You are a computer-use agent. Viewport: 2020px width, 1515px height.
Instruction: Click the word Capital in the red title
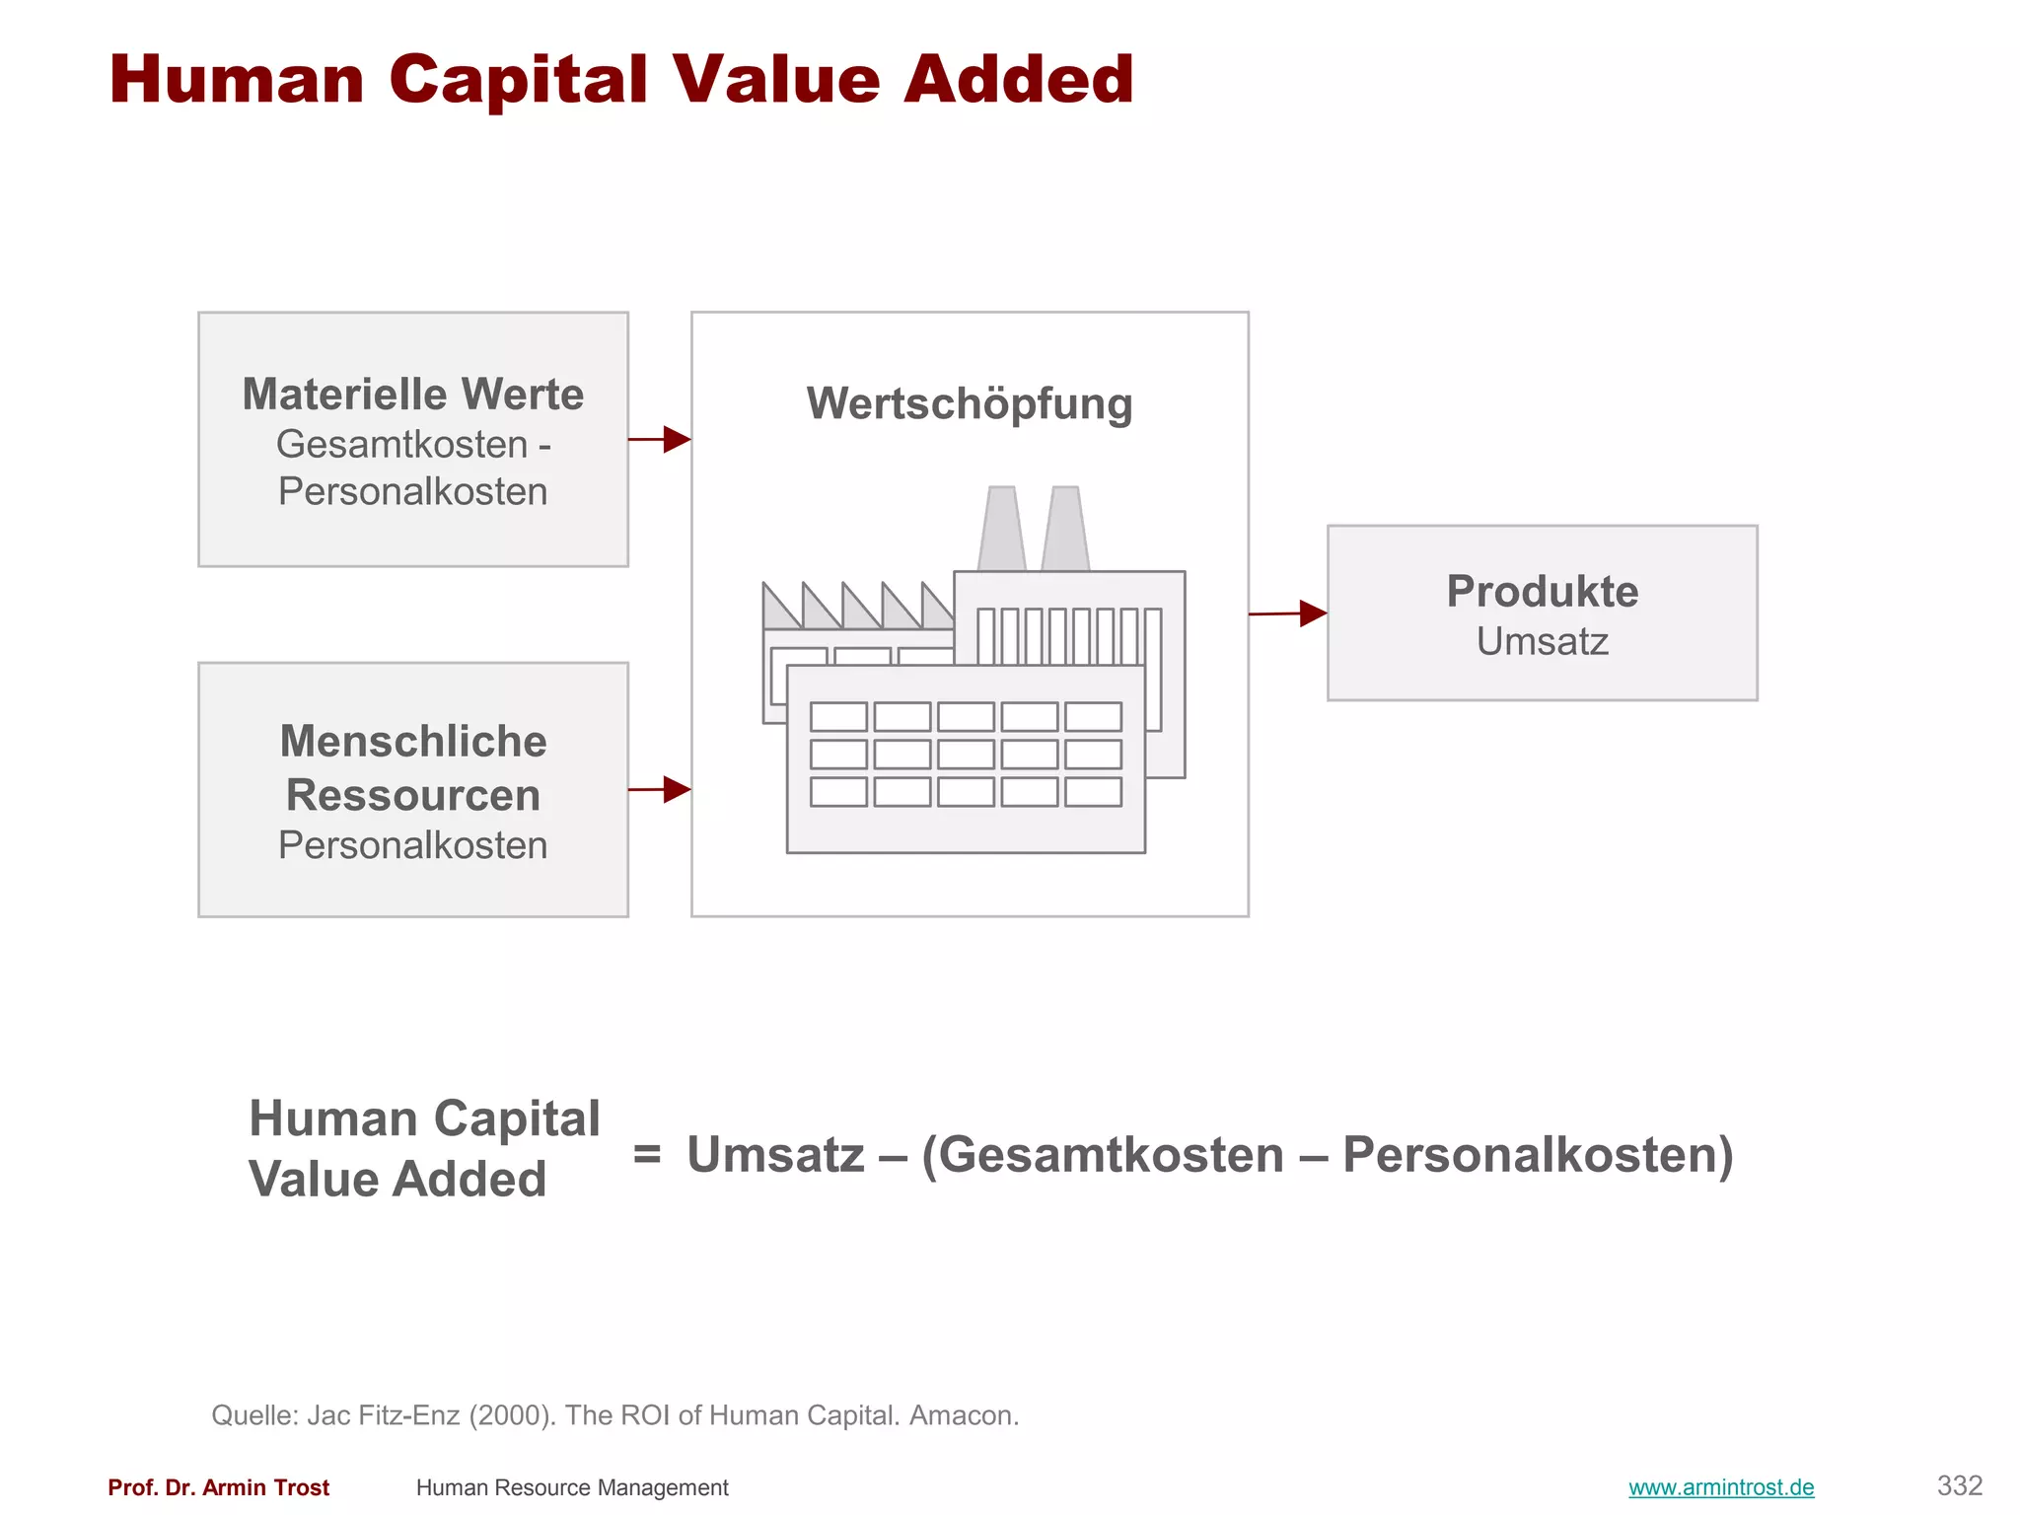click(518, 80)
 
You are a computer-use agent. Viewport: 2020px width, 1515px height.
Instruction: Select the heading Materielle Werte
click(412, 395)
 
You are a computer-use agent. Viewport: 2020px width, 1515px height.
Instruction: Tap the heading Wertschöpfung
click(969, 403)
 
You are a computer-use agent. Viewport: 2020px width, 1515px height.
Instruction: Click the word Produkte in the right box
click(1542, 592)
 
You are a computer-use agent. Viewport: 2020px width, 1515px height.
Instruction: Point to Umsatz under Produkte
click(1542, 642)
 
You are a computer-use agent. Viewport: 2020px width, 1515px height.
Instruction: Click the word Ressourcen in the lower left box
click(412, 795)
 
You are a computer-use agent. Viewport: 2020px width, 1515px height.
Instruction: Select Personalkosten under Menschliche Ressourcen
click(412, 845)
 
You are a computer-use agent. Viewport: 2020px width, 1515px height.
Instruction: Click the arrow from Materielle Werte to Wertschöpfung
click(660, 439)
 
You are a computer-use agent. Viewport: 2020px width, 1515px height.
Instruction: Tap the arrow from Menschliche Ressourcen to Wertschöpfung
click(660, 789)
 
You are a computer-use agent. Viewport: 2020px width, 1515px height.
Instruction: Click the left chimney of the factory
click(1002, 529)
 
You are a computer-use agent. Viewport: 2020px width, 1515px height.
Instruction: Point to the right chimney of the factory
click(1065, 529)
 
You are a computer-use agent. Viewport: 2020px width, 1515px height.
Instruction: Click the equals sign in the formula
click(647, 1153)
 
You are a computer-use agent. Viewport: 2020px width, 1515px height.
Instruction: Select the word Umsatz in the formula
click(775, 1155)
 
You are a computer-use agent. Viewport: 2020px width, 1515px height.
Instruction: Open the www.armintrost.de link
click(1720, 1487)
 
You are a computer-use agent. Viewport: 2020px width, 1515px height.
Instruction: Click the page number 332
click(1959, 1485)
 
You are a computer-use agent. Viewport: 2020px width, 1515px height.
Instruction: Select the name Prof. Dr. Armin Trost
click(218, 1487)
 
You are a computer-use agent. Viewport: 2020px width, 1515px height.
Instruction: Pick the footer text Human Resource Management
click(572, 1487)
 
